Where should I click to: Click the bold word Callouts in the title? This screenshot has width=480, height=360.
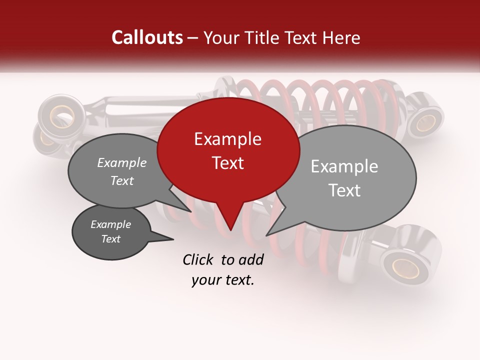(147, 37)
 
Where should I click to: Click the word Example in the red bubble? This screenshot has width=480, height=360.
(227, 139)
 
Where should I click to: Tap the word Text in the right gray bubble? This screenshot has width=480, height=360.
(344, 190)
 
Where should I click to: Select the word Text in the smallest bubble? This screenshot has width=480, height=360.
(110, 239)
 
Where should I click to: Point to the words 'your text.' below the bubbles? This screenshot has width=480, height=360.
(222, 280)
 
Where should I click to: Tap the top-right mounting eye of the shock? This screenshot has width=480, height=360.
(426, 121)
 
